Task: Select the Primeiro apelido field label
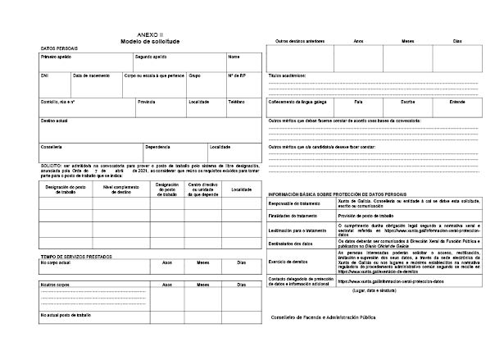tap(56, 57)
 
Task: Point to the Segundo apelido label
tap(150, 57)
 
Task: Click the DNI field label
tap(45, 75)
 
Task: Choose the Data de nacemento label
tap(90, 75)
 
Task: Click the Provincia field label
tap(147, 102)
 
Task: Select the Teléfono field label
tap(237, 102)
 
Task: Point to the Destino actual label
tap(53, 121)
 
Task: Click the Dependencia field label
tap(157, 147)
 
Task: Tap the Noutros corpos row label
tap(54, 284)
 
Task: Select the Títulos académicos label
tap(287, 75)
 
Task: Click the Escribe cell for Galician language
tap(406, 102)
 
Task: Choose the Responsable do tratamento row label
tap(296, 203)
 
